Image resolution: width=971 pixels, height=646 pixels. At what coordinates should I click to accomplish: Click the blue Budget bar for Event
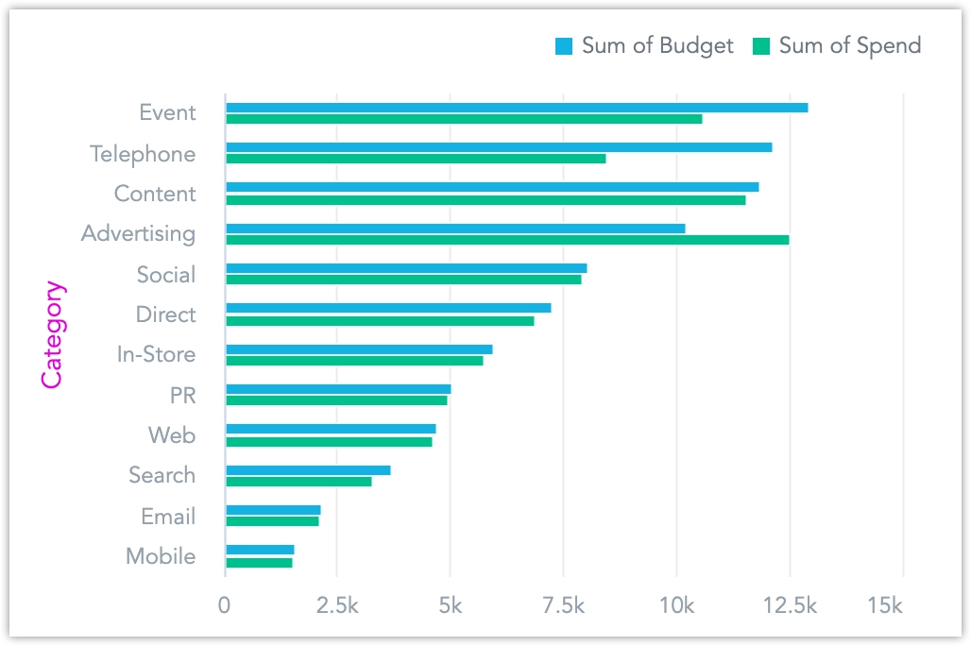pos(517,108)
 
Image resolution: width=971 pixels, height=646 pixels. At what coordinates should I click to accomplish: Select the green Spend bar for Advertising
pos(507,240)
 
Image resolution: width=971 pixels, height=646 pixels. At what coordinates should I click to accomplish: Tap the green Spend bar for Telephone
pos(416,159)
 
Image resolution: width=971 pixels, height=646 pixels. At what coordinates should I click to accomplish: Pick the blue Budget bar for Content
pos(492,187)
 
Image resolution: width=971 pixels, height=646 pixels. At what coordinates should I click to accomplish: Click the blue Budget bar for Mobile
pos(260,550)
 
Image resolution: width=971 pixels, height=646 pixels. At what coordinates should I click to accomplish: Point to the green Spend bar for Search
pos(298,482)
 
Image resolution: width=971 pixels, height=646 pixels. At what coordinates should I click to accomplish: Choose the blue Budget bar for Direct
pos(388,308)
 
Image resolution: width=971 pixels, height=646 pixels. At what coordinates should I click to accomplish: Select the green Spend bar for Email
pos(272,521)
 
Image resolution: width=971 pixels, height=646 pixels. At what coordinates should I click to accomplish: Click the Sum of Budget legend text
pos(657,45)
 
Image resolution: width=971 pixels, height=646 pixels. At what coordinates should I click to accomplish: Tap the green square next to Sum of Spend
pos(761,45)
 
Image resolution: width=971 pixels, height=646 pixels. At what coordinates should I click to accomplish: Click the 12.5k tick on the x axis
pos(790,605)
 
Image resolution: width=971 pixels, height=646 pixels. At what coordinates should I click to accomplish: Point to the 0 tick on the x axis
pos(225,605)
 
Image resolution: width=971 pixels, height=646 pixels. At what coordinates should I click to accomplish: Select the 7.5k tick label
pos(563,605)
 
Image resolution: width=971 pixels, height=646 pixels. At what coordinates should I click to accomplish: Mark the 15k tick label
pos(884,605)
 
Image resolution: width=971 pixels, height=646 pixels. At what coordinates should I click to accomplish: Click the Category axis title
pos(52,334)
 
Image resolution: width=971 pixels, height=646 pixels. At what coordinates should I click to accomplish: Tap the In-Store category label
pos(157,355)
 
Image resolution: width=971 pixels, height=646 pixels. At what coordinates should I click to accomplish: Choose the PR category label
pos(182,395)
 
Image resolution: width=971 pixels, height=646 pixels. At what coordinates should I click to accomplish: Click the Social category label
pos(166,275)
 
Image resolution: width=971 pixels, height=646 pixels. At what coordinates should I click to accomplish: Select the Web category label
pos(172,435)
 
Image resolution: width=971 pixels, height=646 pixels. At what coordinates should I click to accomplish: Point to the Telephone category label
pos(143,154)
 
